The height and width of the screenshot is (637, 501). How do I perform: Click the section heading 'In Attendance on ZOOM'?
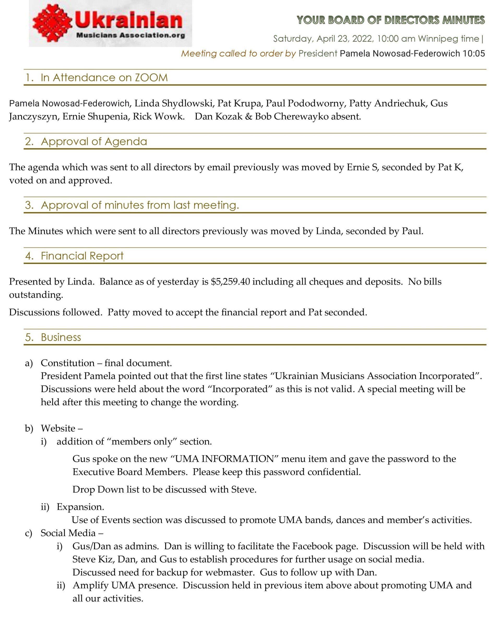104,78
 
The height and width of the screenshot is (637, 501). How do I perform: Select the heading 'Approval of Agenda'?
94,142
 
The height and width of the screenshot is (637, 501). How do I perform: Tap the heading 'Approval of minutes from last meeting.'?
140,205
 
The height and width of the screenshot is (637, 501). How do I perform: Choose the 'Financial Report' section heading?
82,256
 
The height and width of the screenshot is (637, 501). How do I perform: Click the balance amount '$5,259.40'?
230,281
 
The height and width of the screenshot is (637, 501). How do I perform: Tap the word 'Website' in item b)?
58,429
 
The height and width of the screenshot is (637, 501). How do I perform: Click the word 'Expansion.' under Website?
80,507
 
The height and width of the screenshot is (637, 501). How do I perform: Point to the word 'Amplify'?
90,585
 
